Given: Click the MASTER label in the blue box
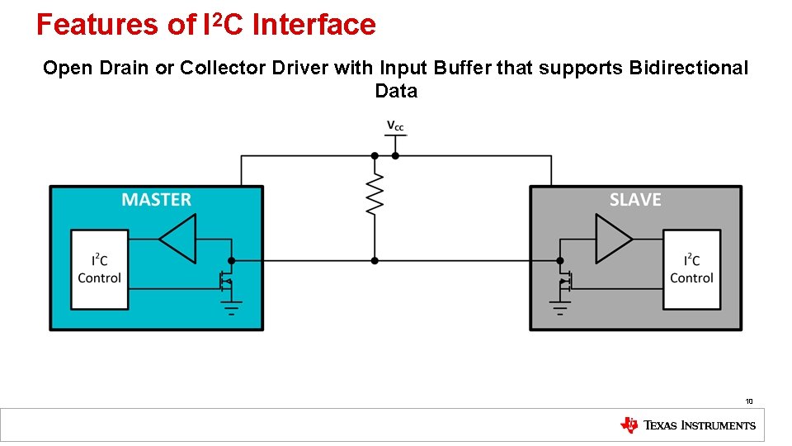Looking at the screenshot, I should (156, 200).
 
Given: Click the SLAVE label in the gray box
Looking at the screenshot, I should (634, 200).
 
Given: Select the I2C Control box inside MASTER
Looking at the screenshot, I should (100, 269).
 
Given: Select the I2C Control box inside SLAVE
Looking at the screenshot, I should (691, 269).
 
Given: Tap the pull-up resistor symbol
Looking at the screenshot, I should (375, 194).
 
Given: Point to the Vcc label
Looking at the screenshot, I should (395, 126).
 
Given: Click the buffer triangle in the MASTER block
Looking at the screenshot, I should (178, 239).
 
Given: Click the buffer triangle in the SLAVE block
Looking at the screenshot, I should (613, 239).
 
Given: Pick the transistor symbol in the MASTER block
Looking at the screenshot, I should (224, 281).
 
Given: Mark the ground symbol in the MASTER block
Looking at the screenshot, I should (231, 308).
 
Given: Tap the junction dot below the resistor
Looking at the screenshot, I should (375, 260).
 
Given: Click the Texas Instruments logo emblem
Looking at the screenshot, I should (629, 425).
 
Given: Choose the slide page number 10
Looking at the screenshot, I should (749, 401).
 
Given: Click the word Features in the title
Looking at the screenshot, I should (98, 25).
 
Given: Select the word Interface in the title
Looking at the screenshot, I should (314, 25).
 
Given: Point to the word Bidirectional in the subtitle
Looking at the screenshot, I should (688, 68).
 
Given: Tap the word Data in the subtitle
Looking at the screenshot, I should (396, 91).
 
